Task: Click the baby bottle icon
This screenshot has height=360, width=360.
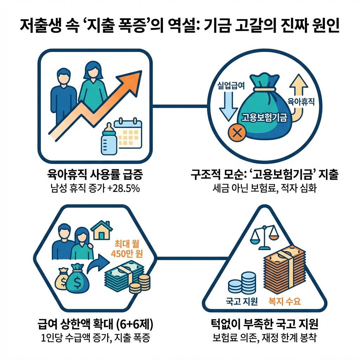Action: [x=109, y=140]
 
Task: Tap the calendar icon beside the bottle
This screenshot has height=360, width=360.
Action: [x=129, y=137]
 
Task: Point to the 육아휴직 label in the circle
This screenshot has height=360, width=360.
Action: [x=301, y=102]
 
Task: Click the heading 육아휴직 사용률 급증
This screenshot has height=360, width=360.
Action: [x=95, y=174]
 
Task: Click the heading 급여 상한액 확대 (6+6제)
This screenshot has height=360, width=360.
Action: [x=95, y=323]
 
